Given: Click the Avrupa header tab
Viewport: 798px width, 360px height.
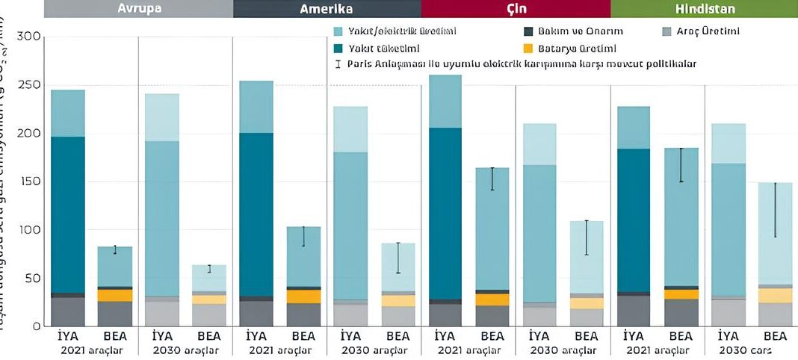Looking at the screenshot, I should pyautogui.click(x=138, y=8).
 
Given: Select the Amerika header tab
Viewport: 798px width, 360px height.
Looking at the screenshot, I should pyautogui.click(x=327, y=8).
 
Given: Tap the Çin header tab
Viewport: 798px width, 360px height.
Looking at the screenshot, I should pyautogui.click(x=516, y=8).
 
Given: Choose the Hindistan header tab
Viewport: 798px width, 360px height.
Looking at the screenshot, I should pyautogui.click(x=704, y=8).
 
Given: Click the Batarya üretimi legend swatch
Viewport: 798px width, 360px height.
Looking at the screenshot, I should pyautogui.click(x=529, y=48).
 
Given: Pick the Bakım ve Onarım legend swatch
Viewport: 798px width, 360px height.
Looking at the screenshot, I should pyautogui.click(x=529, y=31).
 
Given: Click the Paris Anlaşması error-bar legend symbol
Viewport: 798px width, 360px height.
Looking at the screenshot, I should pyautogui.click(x=338, y=64).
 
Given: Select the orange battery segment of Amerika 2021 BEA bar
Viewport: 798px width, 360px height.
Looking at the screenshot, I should pyautogui.click(x=303, y=297).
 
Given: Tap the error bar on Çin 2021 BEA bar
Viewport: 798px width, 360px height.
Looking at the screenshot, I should pyautogui.click(x=492, y=179).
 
